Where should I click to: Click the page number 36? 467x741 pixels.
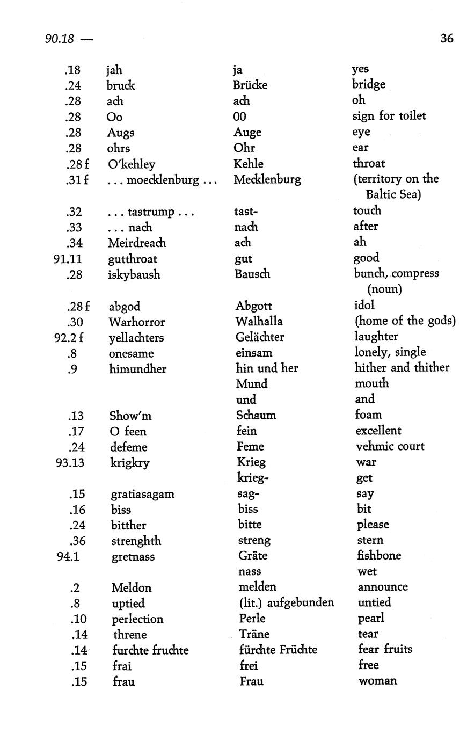point(447,38)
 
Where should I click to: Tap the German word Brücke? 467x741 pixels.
point(250,85)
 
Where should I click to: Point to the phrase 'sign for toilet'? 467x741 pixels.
point(389,116)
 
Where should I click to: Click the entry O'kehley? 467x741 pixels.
point(132,164)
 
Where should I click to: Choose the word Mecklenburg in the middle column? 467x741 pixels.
point(267,179)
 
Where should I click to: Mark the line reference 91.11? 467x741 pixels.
point(68,259)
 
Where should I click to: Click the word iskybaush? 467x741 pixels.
point(134,275)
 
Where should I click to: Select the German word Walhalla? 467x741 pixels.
point(259,322)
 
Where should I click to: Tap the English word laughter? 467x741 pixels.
point(376,337)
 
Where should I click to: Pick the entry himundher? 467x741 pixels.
point(137,369)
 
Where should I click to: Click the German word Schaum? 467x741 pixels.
point(256,415)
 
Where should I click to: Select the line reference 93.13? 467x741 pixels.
point(70,462)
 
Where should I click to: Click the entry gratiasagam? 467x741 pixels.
point(143,494)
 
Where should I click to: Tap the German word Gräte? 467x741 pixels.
point(253,556)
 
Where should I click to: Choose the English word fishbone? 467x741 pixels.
point(379,556)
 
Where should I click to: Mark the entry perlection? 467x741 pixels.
point(137,619)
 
